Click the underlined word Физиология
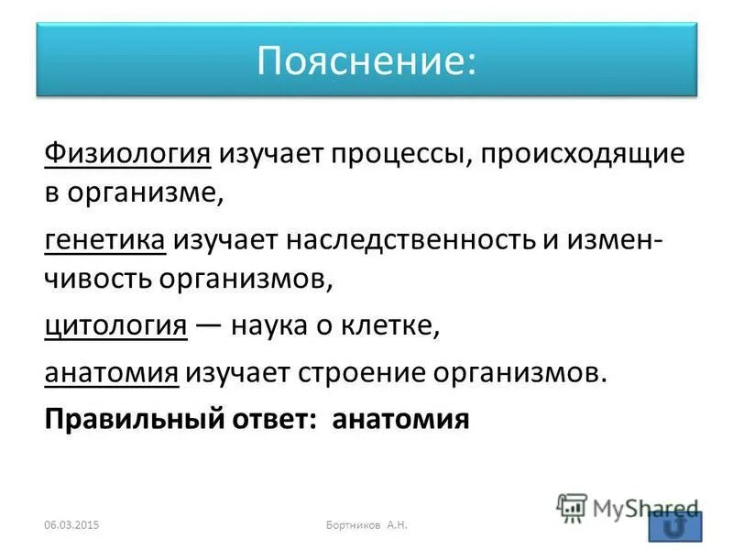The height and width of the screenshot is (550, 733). tap(128, 153)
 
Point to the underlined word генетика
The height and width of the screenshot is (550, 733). tap(105, 240)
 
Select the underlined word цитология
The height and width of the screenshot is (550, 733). tap(116, 326)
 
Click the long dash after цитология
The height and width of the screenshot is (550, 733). tap(209, 326)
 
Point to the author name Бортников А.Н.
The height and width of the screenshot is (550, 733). tap(366, 524)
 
